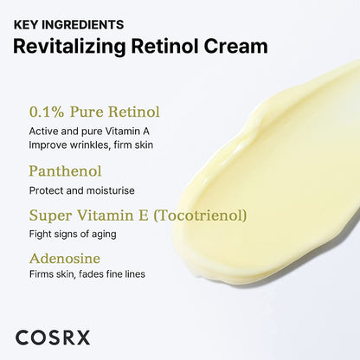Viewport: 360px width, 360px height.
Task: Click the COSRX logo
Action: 52,338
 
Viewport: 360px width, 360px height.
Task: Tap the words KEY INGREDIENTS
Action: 68,24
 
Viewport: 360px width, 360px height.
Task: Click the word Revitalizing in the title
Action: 69,46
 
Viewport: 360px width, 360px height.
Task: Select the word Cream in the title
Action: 235,46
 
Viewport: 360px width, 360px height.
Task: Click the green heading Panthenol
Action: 65,171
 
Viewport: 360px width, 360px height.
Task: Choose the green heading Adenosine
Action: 65,258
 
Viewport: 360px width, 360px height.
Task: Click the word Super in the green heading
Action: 48,215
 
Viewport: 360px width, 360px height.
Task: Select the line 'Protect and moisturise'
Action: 81,190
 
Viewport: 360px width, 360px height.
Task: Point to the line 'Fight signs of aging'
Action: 74,234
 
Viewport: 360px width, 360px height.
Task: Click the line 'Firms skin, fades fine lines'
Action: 87,274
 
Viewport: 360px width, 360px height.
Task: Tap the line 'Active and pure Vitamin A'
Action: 90,131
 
